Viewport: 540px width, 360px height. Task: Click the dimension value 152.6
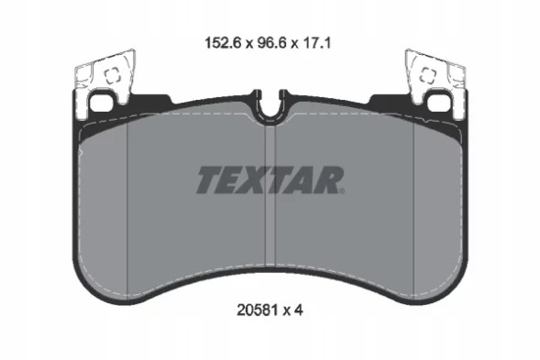(214, 41)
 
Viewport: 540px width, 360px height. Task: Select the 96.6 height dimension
(267, 41)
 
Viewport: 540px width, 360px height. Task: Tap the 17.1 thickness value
(317, 41)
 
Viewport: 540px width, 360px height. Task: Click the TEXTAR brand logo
(270, 179)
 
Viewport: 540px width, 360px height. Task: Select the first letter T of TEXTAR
(208, 179)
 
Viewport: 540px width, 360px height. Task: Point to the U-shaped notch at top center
(270, 107)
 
